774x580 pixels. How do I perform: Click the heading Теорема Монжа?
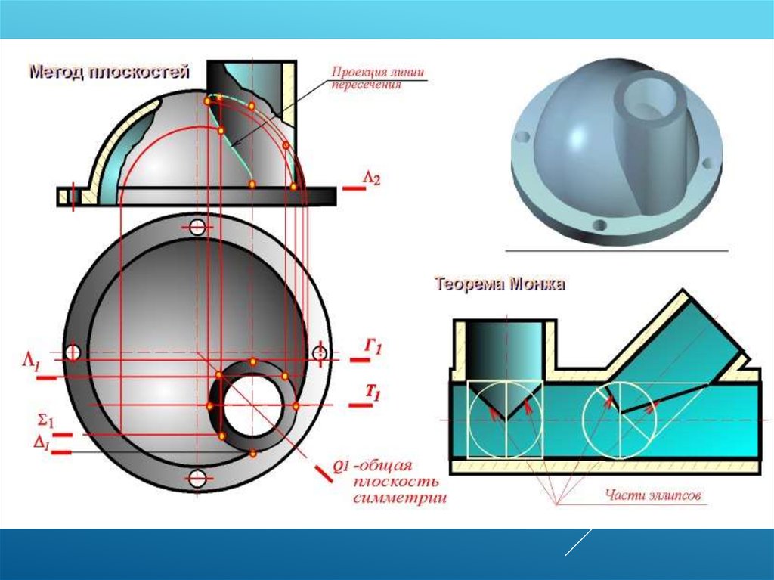pos(500,285)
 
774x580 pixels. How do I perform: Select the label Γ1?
pos(373,347)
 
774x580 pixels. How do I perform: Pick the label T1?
pos(373,392)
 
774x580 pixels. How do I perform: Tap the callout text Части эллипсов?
pos(655,496)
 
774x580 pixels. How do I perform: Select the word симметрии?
pos(399,498)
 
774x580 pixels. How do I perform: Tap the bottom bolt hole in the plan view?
pos(197,478)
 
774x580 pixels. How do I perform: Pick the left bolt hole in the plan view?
pos(73,352)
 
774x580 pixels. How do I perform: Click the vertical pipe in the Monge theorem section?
pos(504,348)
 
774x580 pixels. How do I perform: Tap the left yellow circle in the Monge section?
pos(505,420)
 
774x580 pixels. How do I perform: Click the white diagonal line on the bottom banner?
pos(578,542)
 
